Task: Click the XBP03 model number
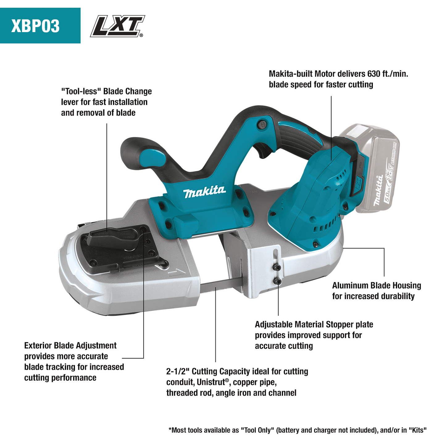[35, 26]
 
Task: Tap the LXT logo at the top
[117, 26]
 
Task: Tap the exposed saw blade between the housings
[213, 284]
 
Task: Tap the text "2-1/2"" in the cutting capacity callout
[178, 372]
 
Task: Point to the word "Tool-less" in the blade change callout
[81, 92]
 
